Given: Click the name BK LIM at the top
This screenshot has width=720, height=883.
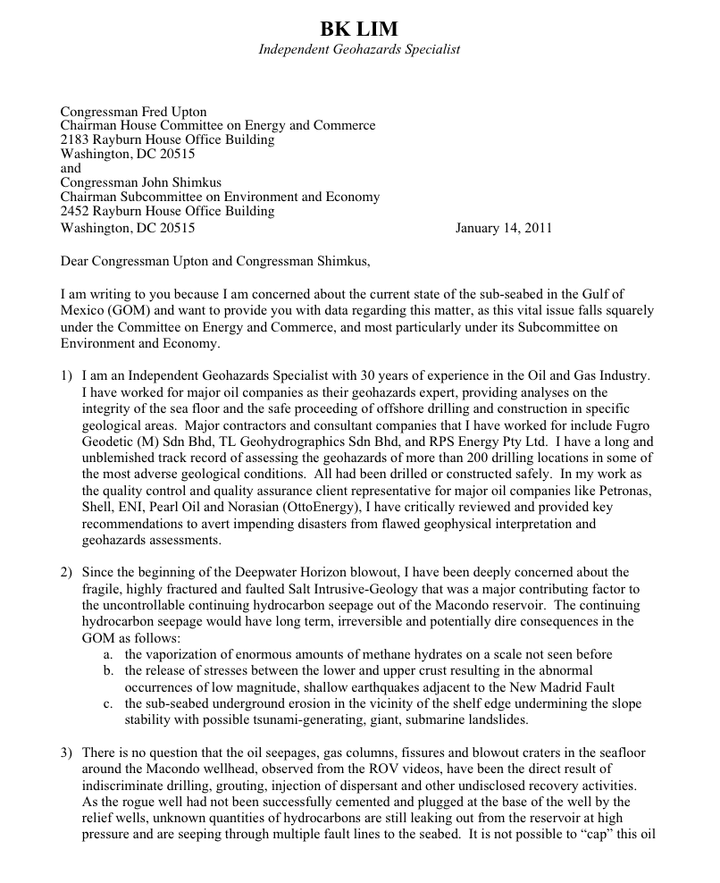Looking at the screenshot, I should point(359,29).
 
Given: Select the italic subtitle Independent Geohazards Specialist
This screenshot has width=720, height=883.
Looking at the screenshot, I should point(359,50).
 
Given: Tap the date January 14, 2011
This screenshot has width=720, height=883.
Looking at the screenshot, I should point(504,227).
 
